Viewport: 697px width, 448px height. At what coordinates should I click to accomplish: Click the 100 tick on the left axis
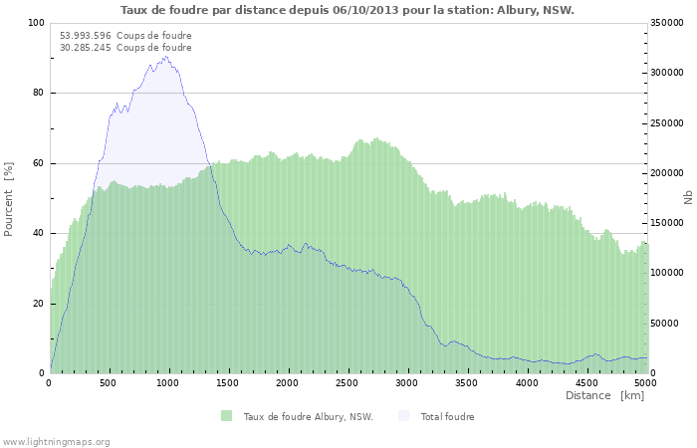click(36, 23)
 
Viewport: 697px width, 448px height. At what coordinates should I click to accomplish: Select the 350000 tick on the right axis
click(666, 23)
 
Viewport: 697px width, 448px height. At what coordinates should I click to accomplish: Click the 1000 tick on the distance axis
click(168, 382)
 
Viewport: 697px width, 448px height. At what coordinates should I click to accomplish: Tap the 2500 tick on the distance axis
click(347, 382)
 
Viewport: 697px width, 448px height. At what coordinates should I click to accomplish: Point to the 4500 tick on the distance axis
click(585, 382)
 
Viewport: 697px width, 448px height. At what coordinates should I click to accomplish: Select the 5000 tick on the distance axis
click(645, 382)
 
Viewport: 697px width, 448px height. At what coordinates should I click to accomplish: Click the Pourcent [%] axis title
click(9, 198)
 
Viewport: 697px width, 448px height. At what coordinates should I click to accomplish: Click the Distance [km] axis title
click(604, 395)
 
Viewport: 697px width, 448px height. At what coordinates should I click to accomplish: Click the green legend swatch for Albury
click(226, 416)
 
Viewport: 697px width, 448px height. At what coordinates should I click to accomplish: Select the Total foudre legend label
click(447, 416)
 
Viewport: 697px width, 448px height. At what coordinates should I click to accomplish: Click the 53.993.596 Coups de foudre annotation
click(125, 36)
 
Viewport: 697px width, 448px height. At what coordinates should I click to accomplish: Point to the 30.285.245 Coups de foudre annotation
click(125, 47)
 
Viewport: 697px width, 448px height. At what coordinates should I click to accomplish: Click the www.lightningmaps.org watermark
click(56, 441)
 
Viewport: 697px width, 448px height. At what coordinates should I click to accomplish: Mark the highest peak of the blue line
click(165, 56)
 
